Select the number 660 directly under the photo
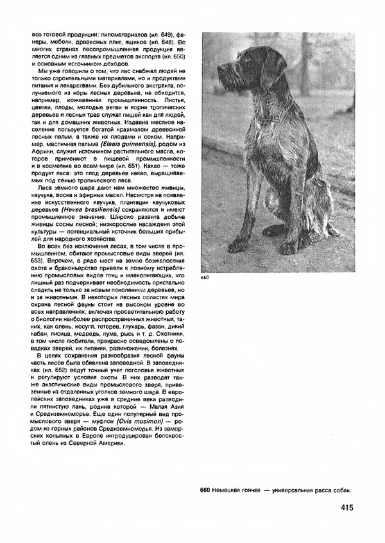tap(205, 277)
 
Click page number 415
tap(342, 508)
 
